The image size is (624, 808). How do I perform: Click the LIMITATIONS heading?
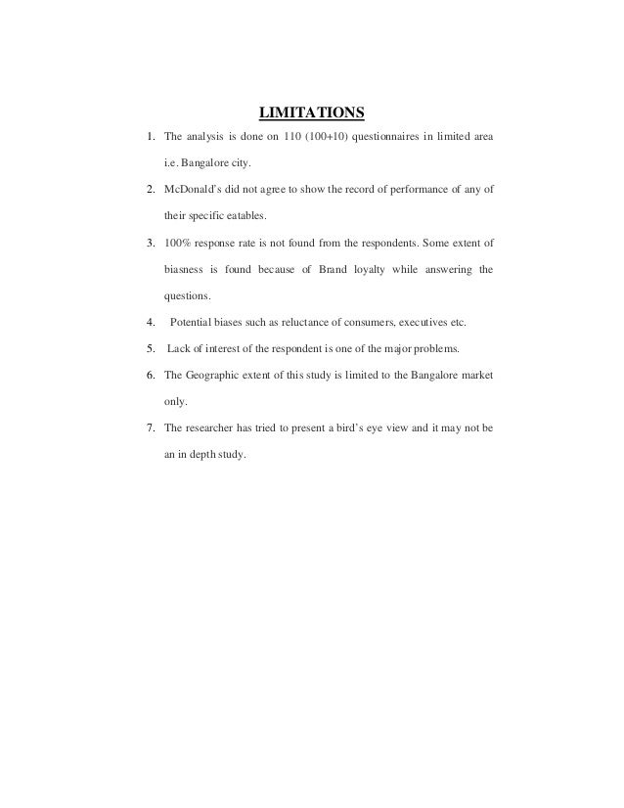tap(311, 108)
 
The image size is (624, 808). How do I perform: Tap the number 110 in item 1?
tap(292, 134)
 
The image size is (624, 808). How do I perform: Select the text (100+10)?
tap(334, 134)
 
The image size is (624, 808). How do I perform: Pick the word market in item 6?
tap(477, 374)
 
